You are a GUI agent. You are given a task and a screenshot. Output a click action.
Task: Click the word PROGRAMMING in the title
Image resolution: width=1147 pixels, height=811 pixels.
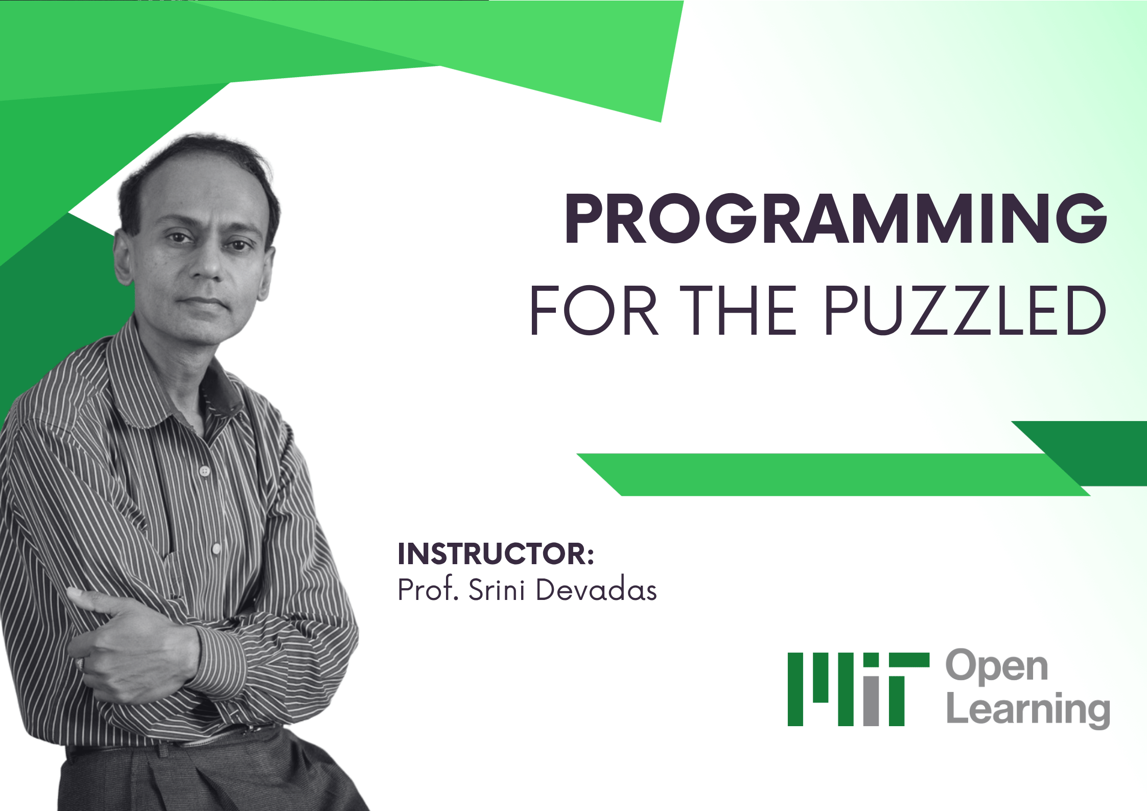(x=835, y=219)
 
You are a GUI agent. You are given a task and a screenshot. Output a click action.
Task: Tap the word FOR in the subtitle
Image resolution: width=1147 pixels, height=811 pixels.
(x=593, y=310)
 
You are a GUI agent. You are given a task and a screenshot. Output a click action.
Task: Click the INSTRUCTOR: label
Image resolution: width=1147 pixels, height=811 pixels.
(x=496, y=554)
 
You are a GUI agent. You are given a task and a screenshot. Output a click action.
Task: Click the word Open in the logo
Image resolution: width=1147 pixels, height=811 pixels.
(x=997, y=666)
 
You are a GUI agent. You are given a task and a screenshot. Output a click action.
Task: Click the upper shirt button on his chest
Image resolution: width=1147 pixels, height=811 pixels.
(x=205, y=470)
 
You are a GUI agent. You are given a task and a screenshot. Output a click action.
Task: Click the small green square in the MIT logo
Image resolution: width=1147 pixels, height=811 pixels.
(x=871, y=660)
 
